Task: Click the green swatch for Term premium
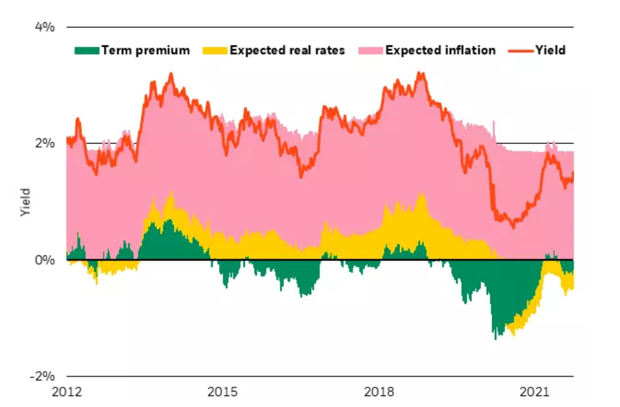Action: pos(86,50)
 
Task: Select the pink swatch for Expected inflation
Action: pos(370,50)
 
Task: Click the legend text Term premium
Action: pos(145,50)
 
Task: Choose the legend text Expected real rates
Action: pos(287,50)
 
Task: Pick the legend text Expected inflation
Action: pos(440,50)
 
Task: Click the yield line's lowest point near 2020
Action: pos(512,227)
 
